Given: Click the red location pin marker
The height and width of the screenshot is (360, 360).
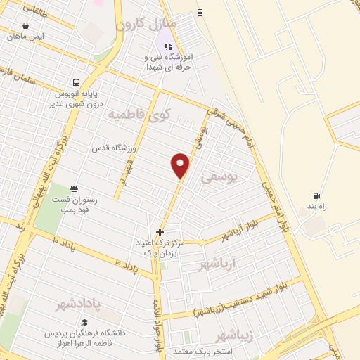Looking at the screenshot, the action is coord(181,165).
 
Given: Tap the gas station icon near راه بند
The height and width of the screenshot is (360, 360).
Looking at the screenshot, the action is coord(316,195).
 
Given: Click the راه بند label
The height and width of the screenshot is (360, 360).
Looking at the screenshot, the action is coord(312,207).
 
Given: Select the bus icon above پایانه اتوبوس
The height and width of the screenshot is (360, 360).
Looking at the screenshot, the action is coord(77,82).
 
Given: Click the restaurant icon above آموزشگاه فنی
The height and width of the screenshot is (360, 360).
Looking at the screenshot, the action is coord(167,46).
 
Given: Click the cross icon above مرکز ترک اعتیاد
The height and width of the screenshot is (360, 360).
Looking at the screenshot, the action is coord(160,231).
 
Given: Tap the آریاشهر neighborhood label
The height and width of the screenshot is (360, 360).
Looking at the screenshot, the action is coord(219,264).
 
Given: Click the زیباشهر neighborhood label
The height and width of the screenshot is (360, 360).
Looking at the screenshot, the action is coord(234,333).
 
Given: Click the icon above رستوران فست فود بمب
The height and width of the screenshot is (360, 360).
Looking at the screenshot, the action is coord(74,188).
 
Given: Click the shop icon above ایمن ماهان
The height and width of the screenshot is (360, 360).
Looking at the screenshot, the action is coord(26,25).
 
